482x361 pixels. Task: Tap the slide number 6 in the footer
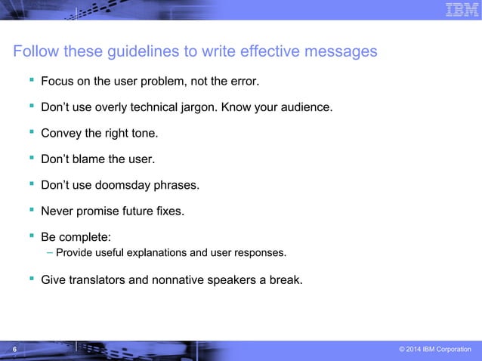click(13, 349)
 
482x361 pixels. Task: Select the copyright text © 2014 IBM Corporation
click(434, 349)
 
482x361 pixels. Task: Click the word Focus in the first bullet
click(57, 80)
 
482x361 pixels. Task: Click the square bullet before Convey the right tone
click(32, 133)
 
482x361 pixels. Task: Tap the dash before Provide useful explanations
click(49, 251)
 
